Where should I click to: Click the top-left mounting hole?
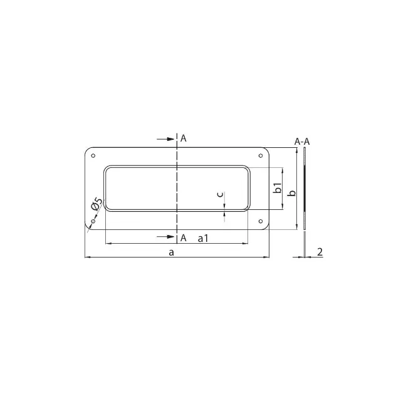(93, 155)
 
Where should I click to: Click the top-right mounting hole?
(261, 155)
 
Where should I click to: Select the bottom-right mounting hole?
(261, 221)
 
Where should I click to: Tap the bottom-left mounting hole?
(93, 221)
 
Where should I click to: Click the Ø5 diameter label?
(97, 204)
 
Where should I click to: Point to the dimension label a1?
(203, 238)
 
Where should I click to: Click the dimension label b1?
(278, 188)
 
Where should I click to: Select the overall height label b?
(291, 193)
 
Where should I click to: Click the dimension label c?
(220, 194)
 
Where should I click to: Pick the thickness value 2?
(320, 252)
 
